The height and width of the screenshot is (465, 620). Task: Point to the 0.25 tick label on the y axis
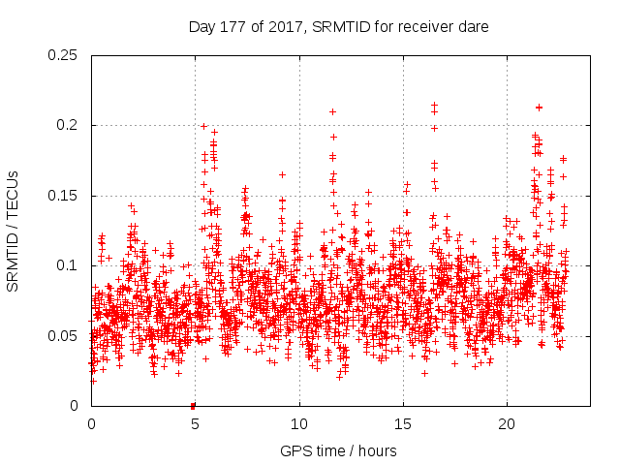tap(63, 55)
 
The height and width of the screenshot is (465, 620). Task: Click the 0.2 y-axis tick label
tap(68, 125)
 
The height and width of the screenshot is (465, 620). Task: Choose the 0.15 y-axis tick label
tap(63, 196)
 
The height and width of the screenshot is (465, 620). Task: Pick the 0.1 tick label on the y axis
tap(68, 265)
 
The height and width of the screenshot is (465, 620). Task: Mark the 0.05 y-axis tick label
tap(63, 336)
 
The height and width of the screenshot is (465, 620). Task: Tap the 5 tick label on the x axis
tap(195, 424)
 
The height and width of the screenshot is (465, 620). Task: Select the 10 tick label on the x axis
tap(299, 424)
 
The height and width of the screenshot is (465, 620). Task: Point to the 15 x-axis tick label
tap(403, 424)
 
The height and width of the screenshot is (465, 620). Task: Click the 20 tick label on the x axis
tap(507, 424)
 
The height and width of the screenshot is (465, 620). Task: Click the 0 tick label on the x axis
tap(91, 424)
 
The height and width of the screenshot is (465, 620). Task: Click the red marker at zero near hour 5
tap(193, 406)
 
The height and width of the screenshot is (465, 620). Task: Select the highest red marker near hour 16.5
tap(434, 105)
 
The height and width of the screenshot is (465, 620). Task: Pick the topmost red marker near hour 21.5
tap(539, 108)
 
